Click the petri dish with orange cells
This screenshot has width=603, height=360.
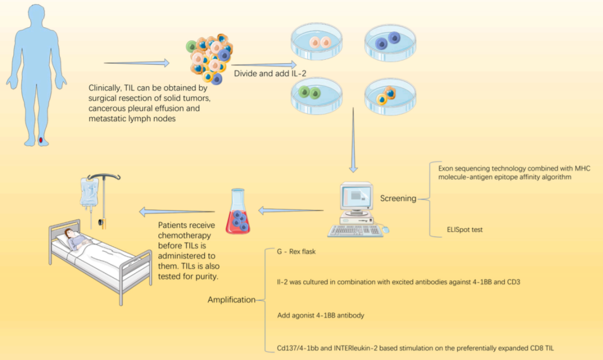[x=389, y=96]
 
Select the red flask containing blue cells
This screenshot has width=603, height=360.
[x=238, y=214]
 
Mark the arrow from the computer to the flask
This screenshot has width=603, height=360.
[x=291, y=211]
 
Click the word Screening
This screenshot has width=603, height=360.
[x=398, y=198]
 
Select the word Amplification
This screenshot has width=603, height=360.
[x=231, y=300]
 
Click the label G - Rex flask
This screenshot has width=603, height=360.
[x=297, y=251]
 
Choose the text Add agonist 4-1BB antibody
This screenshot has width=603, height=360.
[x=320, y=315]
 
